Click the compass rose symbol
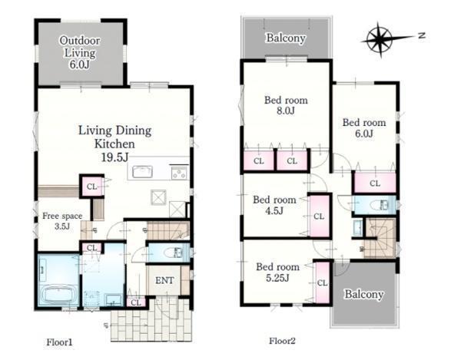[x=380, y=39]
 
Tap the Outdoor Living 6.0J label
[x=79, y=52]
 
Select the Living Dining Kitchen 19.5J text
[x=114, y=144]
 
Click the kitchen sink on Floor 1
[x=142, y=172]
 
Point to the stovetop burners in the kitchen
[x=179, y=173]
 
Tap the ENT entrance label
[x=164, y=280]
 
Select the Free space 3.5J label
[x=62, y=221]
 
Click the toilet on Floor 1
[x=171, y=253]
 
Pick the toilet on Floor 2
[x=377, y=204]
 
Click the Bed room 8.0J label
[x=286, y=105]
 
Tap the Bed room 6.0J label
[x=364, y=128]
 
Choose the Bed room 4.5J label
[x=274, y=205]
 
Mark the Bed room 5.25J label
[x=277, y=272]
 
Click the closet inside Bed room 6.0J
[x=375, y=183]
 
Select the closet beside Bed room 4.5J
[x=319, y=216]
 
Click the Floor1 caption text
[x=59, y=342]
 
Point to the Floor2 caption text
[x=282, y=341]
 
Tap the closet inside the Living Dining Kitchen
[x=91, y=187]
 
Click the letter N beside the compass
[x=422, y=35]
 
